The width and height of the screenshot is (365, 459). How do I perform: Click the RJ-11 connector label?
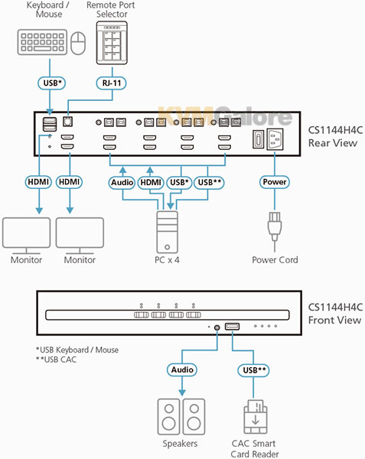coord(111,83)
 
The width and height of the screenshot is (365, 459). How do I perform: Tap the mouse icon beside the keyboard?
coord(79,43)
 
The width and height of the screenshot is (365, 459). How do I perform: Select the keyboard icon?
coord(42,42)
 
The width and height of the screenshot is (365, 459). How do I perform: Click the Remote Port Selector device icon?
coord(112,43)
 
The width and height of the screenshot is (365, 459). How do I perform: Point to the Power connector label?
coord(275,182)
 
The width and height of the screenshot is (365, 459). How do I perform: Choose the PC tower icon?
coord(167,232)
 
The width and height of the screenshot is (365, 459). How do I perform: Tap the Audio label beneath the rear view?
coord(122,182)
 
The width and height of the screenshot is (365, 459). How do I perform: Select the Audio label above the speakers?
coord(182,369)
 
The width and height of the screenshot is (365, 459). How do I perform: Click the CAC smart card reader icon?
coord(256,417)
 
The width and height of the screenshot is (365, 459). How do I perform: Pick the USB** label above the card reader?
coord(254,370)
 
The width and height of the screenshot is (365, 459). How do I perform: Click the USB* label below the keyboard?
coord(52,83)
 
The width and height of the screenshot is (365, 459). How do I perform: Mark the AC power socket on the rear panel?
coord(275,139)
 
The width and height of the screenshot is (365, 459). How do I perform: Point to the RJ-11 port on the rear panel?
coord(67,122)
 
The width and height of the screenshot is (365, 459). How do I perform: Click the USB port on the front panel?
coord(232,327)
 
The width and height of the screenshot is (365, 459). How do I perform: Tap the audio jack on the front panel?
coord(217,327)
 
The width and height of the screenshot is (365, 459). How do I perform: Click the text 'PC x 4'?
coord(167,259)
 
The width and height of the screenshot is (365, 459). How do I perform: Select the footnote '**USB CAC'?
coord(56,360)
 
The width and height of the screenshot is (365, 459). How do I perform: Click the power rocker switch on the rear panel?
coord(258,139)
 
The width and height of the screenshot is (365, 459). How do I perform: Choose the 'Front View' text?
coord(334,320)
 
